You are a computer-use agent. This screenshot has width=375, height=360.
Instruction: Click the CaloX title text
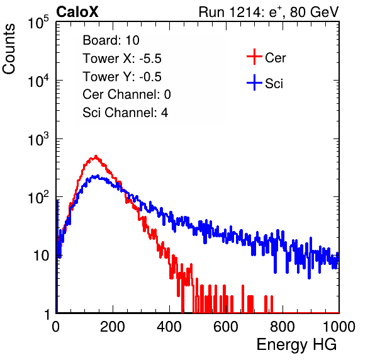pos(77,12)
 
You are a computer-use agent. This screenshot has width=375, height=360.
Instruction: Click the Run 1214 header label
pos(269,12)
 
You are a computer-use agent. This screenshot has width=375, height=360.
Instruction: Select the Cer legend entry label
pos(275,58)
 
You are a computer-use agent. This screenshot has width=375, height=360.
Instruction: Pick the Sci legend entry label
pos(274,84)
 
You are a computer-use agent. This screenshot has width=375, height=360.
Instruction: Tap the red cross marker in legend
pos(254,57)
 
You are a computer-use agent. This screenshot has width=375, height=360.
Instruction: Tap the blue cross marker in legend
pos(254,82)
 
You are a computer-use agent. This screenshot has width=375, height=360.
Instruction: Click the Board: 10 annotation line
pos(111,40)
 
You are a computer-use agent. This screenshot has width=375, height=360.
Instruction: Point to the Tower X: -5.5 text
pos(122,59)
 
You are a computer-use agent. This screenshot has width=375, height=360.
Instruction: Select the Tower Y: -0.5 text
pos(122,77)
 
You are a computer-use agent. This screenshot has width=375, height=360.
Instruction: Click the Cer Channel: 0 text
pos(126,94)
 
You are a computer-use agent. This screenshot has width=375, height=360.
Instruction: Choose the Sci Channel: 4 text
pos(125,113)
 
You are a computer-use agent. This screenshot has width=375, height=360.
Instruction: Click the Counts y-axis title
pos(9,49)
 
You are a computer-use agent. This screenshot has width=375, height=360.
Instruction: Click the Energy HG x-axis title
pos(296,345)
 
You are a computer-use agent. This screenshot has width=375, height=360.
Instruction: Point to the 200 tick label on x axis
pos(113,327)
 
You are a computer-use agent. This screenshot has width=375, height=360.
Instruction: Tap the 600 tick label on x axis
pos(226,327)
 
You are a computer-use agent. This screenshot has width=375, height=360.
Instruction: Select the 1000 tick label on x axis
pos(339,327)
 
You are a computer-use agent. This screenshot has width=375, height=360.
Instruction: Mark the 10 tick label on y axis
pos(42,256)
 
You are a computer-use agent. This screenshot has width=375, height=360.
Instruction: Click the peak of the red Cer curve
pos(96,156)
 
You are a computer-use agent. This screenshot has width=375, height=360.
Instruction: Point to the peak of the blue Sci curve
pos(98,176)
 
